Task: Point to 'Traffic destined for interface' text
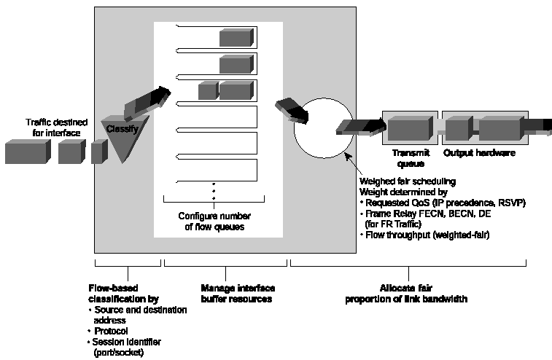56,126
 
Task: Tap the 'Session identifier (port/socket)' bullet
128,346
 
